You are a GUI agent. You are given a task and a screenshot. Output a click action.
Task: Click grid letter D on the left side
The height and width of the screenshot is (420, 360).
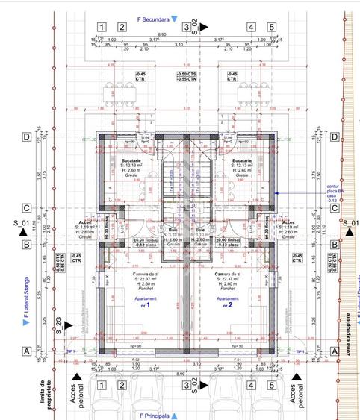pos(27,137)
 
